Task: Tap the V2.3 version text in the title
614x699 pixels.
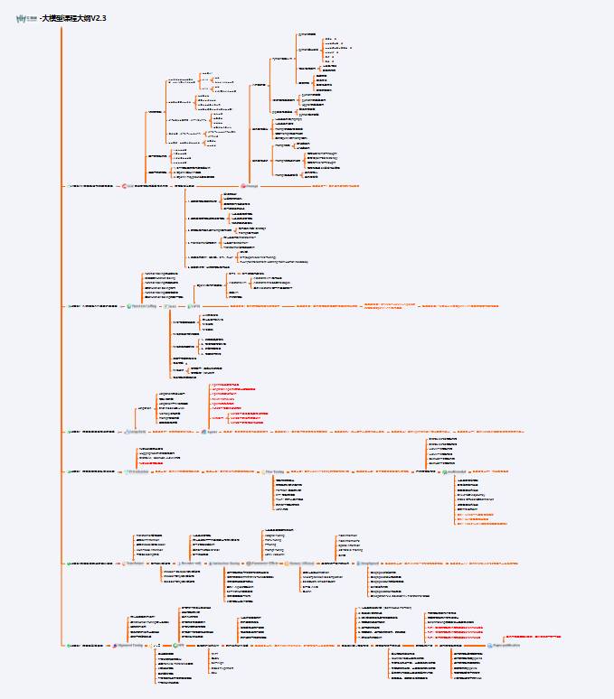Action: (98, 18)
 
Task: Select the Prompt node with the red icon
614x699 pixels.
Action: (250, 185)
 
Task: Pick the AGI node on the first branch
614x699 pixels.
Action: (129, 185)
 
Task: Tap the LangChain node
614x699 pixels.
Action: (137, 433)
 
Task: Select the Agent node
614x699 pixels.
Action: (211, 433)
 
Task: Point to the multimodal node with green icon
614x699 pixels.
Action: (457, 471)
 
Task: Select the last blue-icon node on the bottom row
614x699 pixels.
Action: (504, 646)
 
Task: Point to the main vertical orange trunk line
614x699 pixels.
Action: (61, 361)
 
